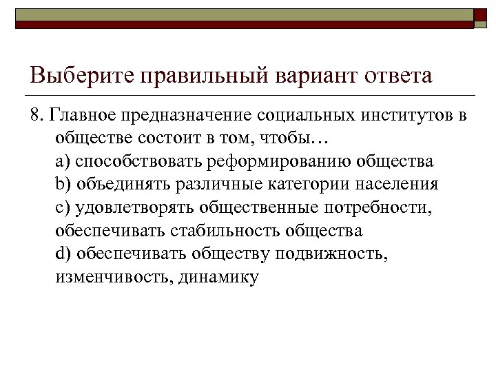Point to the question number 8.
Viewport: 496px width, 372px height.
[x=37, y=115]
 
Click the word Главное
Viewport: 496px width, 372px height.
[x=80, y=115]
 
